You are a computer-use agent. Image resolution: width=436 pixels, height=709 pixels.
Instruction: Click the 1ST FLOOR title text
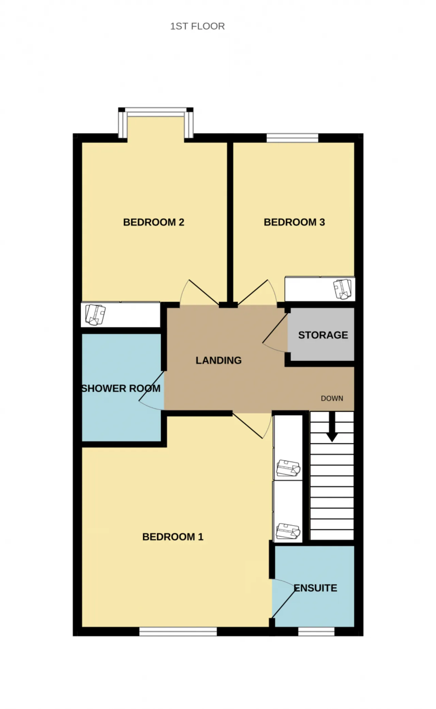pyautogui.click(x=197, y=26)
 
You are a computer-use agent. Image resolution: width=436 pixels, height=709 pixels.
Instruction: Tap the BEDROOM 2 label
pyautogui.click(x=154, y=222)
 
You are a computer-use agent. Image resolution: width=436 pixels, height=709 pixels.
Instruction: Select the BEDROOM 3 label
pyautogui.click(x=294, y=222)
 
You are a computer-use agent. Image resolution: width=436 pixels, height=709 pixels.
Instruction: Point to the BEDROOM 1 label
pyautogui.click(x=173, y=537)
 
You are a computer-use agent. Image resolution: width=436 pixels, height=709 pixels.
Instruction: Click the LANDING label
pyautogui.click(x=219, y=360)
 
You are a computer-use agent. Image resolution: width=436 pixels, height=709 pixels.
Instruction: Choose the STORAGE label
pyautogui.click(x=323, y=335)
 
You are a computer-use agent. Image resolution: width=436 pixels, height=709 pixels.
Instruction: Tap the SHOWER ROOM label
pyautogui.click(x=121, y=389)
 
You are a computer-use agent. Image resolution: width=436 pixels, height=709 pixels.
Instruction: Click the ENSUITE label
pyautogui.click(x=315, y=588)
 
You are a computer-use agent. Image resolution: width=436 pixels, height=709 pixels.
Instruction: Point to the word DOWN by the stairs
pyautogui.click(x=332, y=398)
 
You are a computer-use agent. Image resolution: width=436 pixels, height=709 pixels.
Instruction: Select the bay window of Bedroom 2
pyautogui.click(x=156, y=123)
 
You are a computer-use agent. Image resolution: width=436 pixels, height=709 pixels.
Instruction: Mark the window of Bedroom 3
pyautogui.click(x=292, y=138)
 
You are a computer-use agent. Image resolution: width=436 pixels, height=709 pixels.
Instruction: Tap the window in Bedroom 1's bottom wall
pyautogui.click(x=178, y=632)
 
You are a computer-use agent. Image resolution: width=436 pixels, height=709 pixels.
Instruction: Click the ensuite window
pyautogui.click(x=316, y=632)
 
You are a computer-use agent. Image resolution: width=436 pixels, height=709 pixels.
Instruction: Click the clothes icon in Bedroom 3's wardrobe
pyautogui.click(x=343, y=289)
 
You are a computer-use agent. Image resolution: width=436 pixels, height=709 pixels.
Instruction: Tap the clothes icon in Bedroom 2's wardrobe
pyautogui.click(x=95, y=314)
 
